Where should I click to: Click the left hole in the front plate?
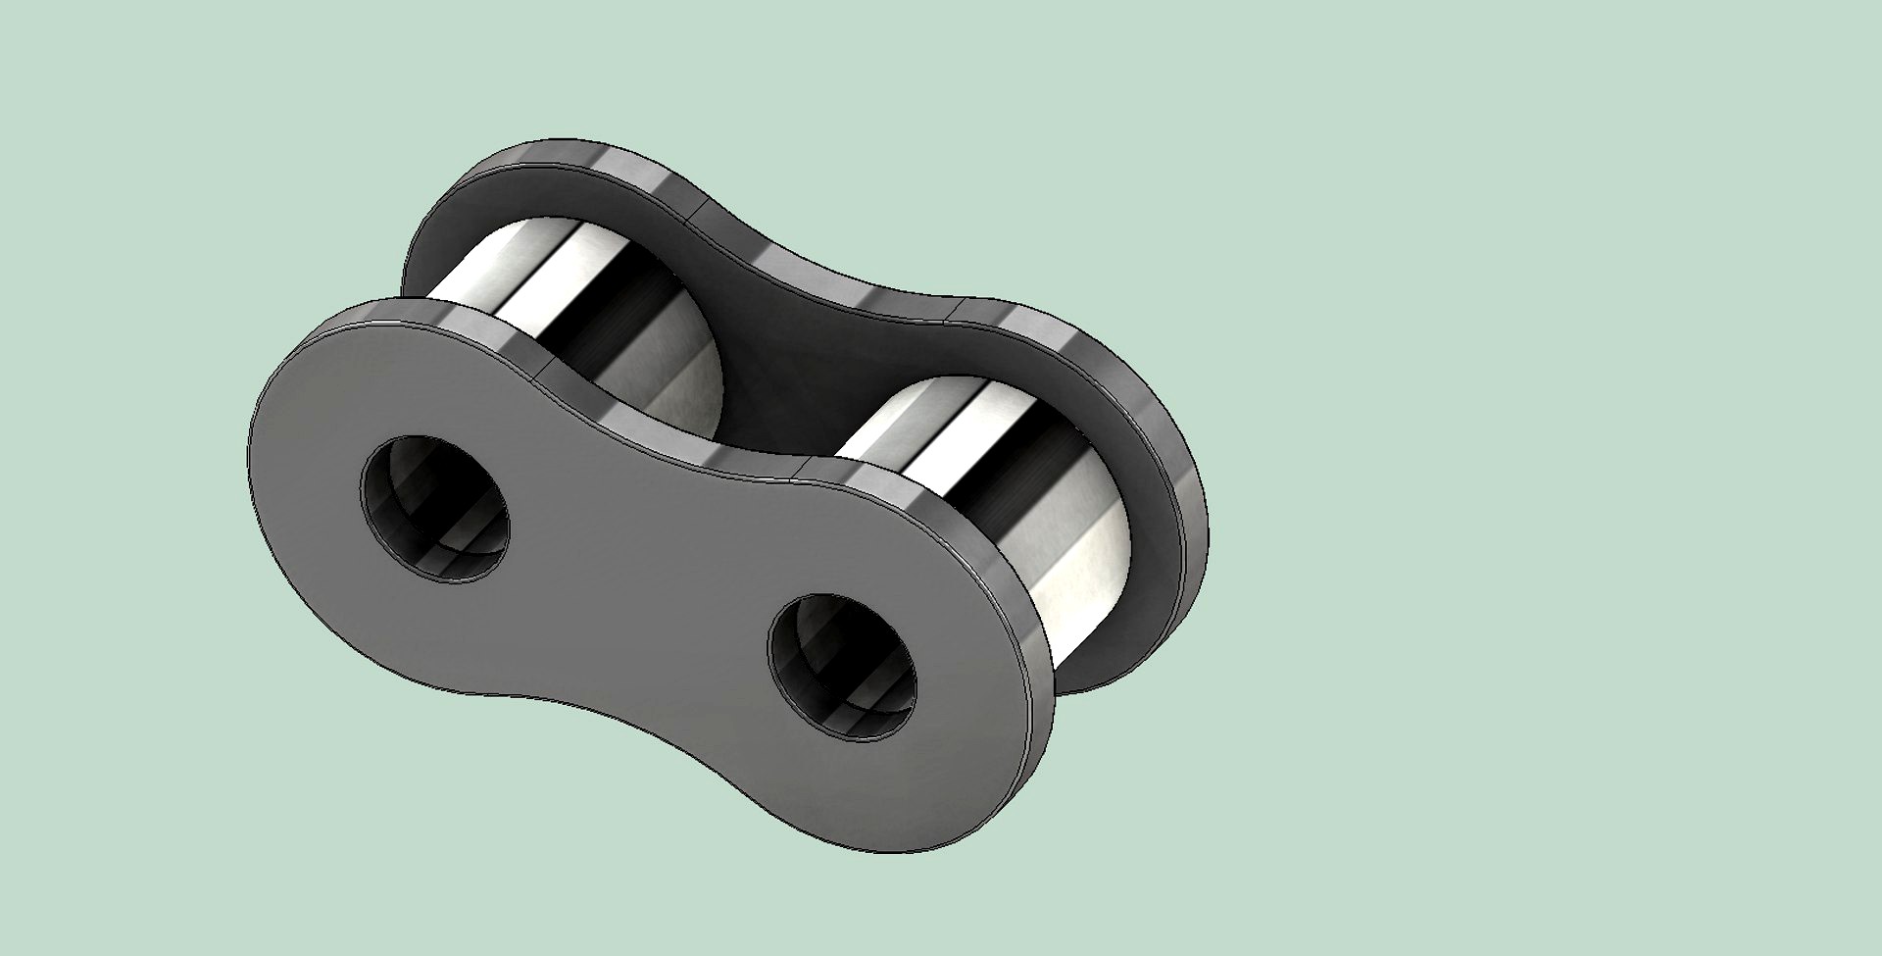click(x=435, y=508)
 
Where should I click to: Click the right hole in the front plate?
click(x=843, y=667)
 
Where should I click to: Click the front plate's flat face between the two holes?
click(x=637, y=569)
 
